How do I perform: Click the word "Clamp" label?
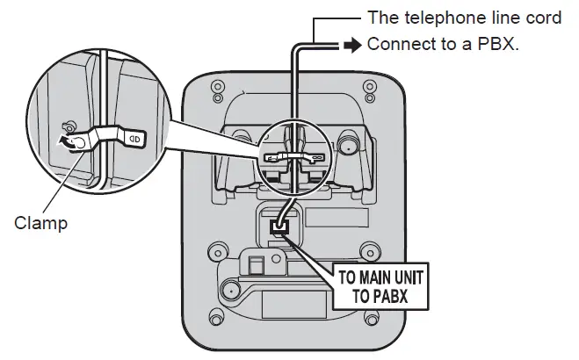40,223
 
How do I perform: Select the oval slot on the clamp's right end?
136,137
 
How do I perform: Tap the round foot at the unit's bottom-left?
230,289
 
